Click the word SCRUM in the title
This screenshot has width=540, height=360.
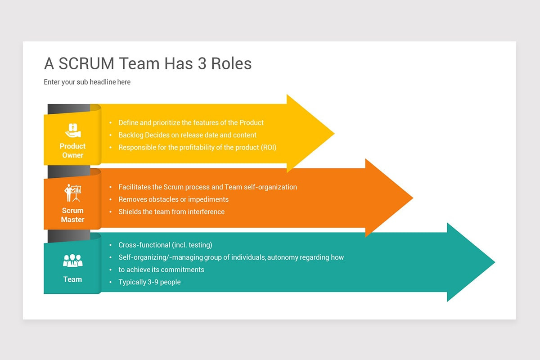pyautogui.click(x=86, y=63)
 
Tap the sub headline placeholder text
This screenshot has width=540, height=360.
pyautogui.click(x=87, y=82)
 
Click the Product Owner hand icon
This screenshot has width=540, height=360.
pyautogui.click(x=72, y=130)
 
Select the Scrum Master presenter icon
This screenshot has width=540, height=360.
pyautogui.click(x=72, y=193)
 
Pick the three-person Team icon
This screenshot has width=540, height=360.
pyautogui.click(x=72, y=261)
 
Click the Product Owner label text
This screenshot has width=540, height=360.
pyautogui.click(x=72, y=151)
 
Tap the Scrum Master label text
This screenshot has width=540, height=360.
pyautogui.click(x=72, y=215)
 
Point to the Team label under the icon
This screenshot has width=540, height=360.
pyautogui.click(x=72, y=279)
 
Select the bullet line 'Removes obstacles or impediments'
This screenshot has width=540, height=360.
pyautogui.click(x=173, y=199)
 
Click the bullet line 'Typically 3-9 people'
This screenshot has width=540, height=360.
pyautogui.click(x=149, y=282)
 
